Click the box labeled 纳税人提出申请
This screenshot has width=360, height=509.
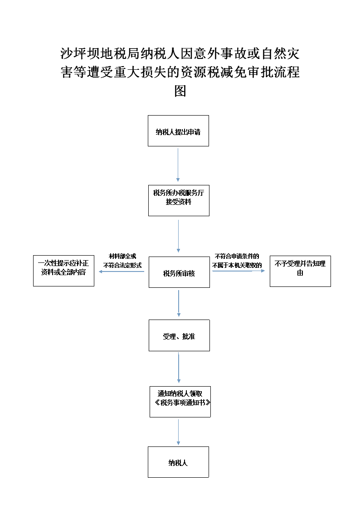pos(178,131)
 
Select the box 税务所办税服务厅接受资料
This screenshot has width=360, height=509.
pos(179,201)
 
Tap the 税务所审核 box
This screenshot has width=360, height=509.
pos(179,272)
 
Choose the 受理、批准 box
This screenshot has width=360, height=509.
pos(179,335)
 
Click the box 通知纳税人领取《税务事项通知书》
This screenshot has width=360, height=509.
pos(180,402)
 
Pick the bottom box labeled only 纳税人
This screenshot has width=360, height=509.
pos(178,462)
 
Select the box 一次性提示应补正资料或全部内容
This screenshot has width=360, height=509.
pos(63,271)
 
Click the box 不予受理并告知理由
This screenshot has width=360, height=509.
pos(300,271)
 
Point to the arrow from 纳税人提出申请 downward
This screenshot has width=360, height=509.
pos(178,165)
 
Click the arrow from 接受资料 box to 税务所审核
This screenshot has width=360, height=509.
pos(178,236)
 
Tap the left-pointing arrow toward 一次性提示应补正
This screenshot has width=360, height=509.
pos(122,271)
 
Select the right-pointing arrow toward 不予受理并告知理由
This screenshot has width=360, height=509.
pos(238,271)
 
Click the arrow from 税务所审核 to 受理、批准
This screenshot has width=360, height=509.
pos(179,304)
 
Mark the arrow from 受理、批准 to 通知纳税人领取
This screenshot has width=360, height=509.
pos(179,368)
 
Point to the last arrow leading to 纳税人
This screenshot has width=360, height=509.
pos(178,432)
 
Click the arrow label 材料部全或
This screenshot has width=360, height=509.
pos(122,256)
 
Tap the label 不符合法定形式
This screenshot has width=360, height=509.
pos(122,265)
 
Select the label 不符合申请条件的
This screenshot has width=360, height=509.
pos(237,256)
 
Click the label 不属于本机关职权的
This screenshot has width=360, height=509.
pos(237,265)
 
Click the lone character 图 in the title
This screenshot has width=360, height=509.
pos(180,91)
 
